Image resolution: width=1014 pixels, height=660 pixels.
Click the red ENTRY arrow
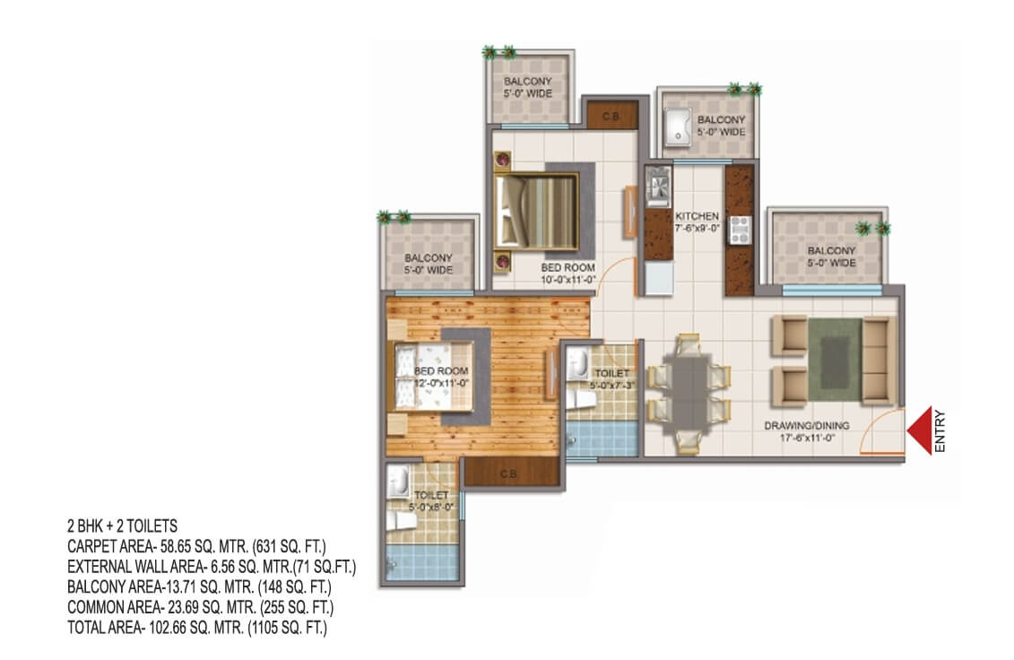[x=919, y=431]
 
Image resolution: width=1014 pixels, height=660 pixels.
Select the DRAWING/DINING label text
[x=806, y=426]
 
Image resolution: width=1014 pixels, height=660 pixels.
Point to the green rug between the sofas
[x=834, y=361]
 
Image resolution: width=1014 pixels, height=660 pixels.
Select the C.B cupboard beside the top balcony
[x=611, y=115]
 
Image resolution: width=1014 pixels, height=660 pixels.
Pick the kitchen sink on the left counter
[x=658, y=187]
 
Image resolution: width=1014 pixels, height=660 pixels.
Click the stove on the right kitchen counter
[x=740, y=230]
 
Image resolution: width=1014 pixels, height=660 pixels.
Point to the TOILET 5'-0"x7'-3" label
[x=611, y=379]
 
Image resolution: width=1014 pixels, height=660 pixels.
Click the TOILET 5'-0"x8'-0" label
[x=430, y=500]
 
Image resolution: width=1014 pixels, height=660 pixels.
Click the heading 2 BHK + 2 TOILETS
[x=122, y=525]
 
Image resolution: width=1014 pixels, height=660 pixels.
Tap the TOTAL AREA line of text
[x=197, y=628]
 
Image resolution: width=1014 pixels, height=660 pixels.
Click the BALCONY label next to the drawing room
[x=831, y=250]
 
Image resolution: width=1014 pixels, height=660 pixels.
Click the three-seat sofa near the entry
[x=879, y=360]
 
